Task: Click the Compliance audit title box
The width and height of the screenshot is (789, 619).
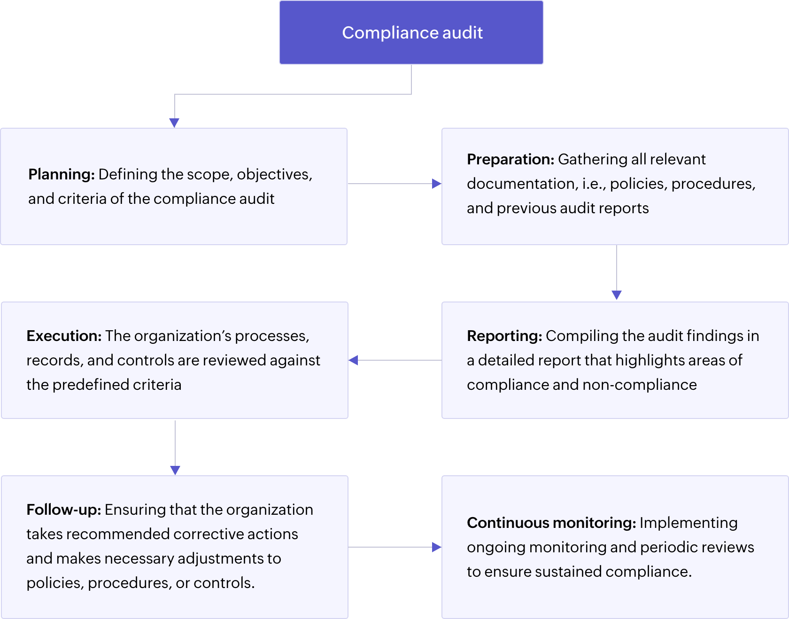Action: click(411, 32)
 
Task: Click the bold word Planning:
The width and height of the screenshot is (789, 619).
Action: click(62, 174)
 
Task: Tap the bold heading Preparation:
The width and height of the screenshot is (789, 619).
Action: click(511, 159)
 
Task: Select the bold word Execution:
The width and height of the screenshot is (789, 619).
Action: click(64, 336)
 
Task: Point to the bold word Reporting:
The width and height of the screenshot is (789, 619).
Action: click(504, 336)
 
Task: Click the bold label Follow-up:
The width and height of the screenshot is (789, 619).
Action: click(64, 510)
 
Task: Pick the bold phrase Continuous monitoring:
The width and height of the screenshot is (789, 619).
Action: click(551, 523)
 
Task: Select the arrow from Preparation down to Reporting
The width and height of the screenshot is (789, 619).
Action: click(617, 272)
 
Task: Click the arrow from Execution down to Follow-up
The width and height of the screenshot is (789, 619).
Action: click(175, 446)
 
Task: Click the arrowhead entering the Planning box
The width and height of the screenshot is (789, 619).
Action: click(174, 122)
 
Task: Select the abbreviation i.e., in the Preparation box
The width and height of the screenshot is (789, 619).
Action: click(594, 184)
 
